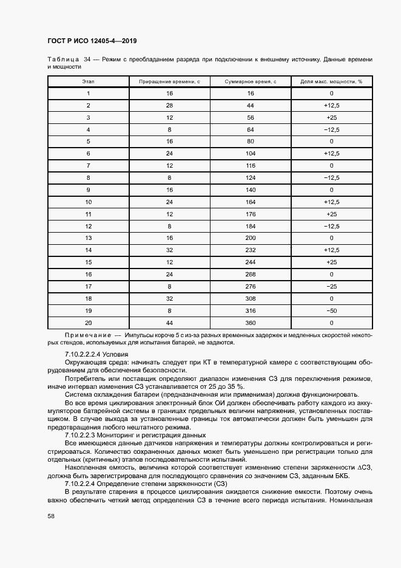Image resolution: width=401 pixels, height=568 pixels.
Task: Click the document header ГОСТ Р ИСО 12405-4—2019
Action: coord(92,41)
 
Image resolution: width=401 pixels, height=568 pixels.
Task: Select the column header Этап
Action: coord(88,81)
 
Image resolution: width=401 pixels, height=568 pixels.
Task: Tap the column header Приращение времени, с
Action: coord(169,81)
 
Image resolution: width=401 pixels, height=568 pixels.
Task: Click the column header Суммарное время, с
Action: coord(250,81)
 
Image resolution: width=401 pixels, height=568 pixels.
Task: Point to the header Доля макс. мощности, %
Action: coord(331,81)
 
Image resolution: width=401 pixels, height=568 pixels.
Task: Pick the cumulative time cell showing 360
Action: coord(250,323)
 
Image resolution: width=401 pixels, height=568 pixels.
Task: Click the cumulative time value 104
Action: coord(250,154)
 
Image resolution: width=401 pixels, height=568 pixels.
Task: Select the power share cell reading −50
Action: coord(331,311)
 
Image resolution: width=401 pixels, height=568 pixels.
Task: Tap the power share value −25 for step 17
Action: coord(331,287)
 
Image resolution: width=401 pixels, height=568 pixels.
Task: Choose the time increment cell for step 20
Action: coord(169,323)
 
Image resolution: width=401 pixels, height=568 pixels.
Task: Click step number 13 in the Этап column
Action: coord(88,238)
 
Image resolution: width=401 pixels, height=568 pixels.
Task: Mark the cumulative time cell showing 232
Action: coord(250,250)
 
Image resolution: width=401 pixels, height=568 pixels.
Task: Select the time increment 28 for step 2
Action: coord(169,105)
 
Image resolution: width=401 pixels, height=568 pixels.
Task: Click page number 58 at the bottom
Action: coord(51,516)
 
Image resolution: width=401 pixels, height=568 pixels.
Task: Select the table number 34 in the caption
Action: coord(87,60)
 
